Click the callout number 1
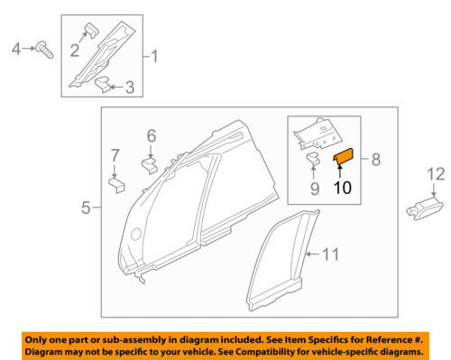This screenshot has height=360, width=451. (154, 59)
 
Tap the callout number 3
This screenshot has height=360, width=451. (130, 87)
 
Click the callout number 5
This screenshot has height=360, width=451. (86, 208)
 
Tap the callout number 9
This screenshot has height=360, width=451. (315, 189)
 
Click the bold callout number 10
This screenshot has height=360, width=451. (345, 189)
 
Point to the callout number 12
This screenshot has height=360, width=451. (437, 172)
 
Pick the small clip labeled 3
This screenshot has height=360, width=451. (106, 85)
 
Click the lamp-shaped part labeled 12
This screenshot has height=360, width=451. (425, 209)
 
